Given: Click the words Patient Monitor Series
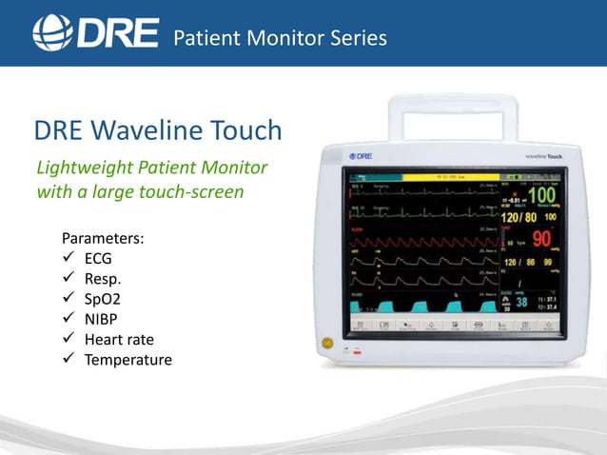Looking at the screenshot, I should coord(280,38).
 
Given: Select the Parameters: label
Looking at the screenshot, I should coord(102,237).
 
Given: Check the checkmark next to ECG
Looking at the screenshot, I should coord(68,258).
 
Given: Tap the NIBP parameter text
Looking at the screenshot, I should coord(103,319).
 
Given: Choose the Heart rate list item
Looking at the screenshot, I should coord(119,340).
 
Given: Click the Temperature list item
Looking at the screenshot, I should coord(128,360).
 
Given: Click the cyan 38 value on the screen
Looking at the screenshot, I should coord(522,302).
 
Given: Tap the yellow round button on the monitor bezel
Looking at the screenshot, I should coord(328,340).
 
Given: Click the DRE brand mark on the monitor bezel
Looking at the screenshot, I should coord(360,155).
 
